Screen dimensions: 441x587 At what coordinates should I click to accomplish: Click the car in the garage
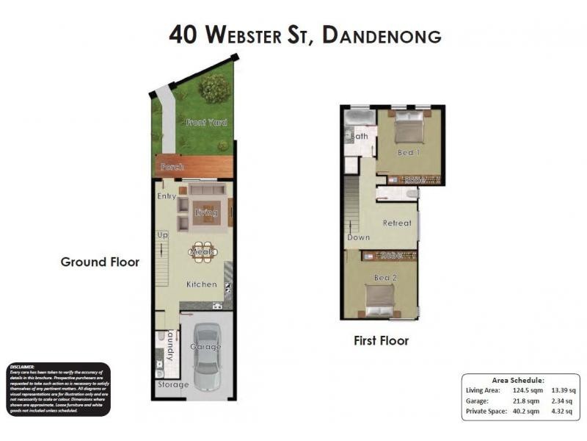coord(207,357)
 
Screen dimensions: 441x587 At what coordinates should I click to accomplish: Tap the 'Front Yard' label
coord(205,122)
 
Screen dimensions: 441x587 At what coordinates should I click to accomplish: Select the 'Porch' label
coord(173,167)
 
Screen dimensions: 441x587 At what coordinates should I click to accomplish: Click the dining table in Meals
coord(203,252)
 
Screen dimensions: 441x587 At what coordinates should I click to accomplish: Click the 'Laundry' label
coord(169,345)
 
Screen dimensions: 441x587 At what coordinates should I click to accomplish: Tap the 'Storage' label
coord(174,384)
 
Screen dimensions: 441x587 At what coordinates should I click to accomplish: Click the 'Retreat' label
coord(397,223)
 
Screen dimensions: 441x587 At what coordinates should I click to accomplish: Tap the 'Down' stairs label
coord(359,237)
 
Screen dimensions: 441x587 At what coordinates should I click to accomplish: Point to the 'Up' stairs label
coord(163,234)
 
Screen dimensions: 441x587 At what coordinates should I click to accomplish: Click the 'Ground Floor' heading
coord(100,262)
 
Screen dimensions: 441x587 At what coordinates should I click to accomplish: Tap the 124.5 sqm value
coord(525,390)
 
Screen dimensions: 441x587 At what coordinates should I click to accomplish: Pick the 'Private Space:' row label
coord(486,412)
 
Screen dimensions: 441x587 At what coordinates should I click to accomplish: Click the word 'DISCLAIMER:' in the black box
coord(24,366)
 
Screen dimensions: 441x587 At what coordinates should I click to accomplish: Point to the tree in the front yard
coord(214,89)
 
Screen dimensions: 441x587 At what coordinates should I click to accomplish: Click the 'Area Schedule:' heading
coord(518,380)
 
